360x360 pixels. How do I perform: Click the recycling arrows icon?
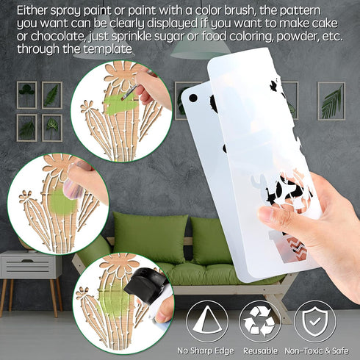click(x=259, y=322)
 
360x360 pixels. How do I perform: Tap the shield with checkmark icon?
click(x=315, y=321)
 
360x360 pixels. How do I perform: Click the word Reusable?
click(x=260, y=350)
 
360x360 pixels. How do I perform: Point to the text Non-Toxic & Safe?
click(x=317, y=350)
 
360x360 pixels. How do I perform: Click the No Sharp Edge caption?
click(x=206, y=351)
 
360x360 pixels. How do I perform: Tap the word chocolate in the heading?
click(x=58, y=36)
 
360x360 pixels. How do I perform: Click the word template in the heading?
click(x=108, y=49)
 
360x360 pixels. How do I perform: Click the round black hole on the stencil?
click(x=193, y=98)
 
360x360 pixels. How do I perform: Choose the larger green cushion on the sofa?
click(x=150, y=238)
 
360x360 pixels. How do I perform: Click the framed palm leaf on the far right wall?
click(x=331, y=101)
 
